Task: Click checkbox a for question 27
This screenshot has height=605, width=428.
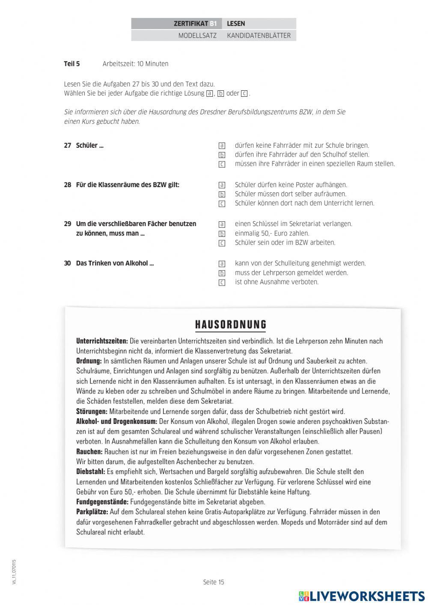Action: click(x=222, y=146)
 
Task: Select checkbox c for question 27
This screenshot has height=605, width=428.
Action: click(x=222, y=164)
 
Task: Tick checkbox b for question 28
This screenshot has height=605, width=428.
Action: click(x=222, y=194)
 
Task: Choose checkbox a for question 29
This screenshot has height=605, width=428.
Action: click(x=222, y=224)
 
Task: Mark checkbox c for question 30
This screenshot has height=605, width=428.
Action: click(x=222, y=283)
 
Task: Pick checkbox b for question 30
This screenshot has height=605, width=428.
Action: click(x=222, y=273)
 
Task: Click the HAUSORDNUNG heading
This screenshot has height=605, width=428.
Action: click(x=231, y=325)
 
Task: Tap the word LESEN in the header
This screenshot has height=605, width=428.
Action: click(x=236, y=24)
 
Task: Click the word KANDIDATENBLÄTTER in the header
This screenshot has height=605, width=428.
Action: click(x=259, y=36)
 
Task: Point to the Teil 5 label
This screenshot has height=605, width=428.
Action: click(x=72, y=64)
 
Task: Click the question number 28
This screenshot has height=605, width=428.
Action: click(x=68, y=185)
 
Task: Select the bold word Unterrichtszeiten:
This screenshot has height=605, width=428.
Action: click(x=102, y=341)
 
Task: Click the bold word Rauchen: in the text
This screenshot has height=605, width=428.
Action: click(x=89, y=451)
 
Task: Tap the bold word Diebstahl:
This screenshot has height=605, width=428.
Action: click(x=90, y=471)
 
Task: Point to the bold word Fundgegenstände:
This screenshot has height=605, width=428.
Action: click(x=102, y=502)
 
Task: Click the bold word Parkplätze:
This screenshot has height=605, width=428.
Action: click(x=92, y=512)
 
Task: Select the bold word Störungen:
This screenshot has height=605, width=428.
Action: click(x=92, y=411)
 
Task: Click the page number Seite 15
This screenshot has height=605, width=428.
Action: click(x=214, y=582)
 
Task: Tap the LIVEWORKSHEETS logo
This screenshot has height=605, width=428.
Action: click(x=362, y=596)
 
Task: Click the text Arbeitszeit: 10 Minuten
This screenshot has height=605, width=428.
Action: click(x=135, y=64)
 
